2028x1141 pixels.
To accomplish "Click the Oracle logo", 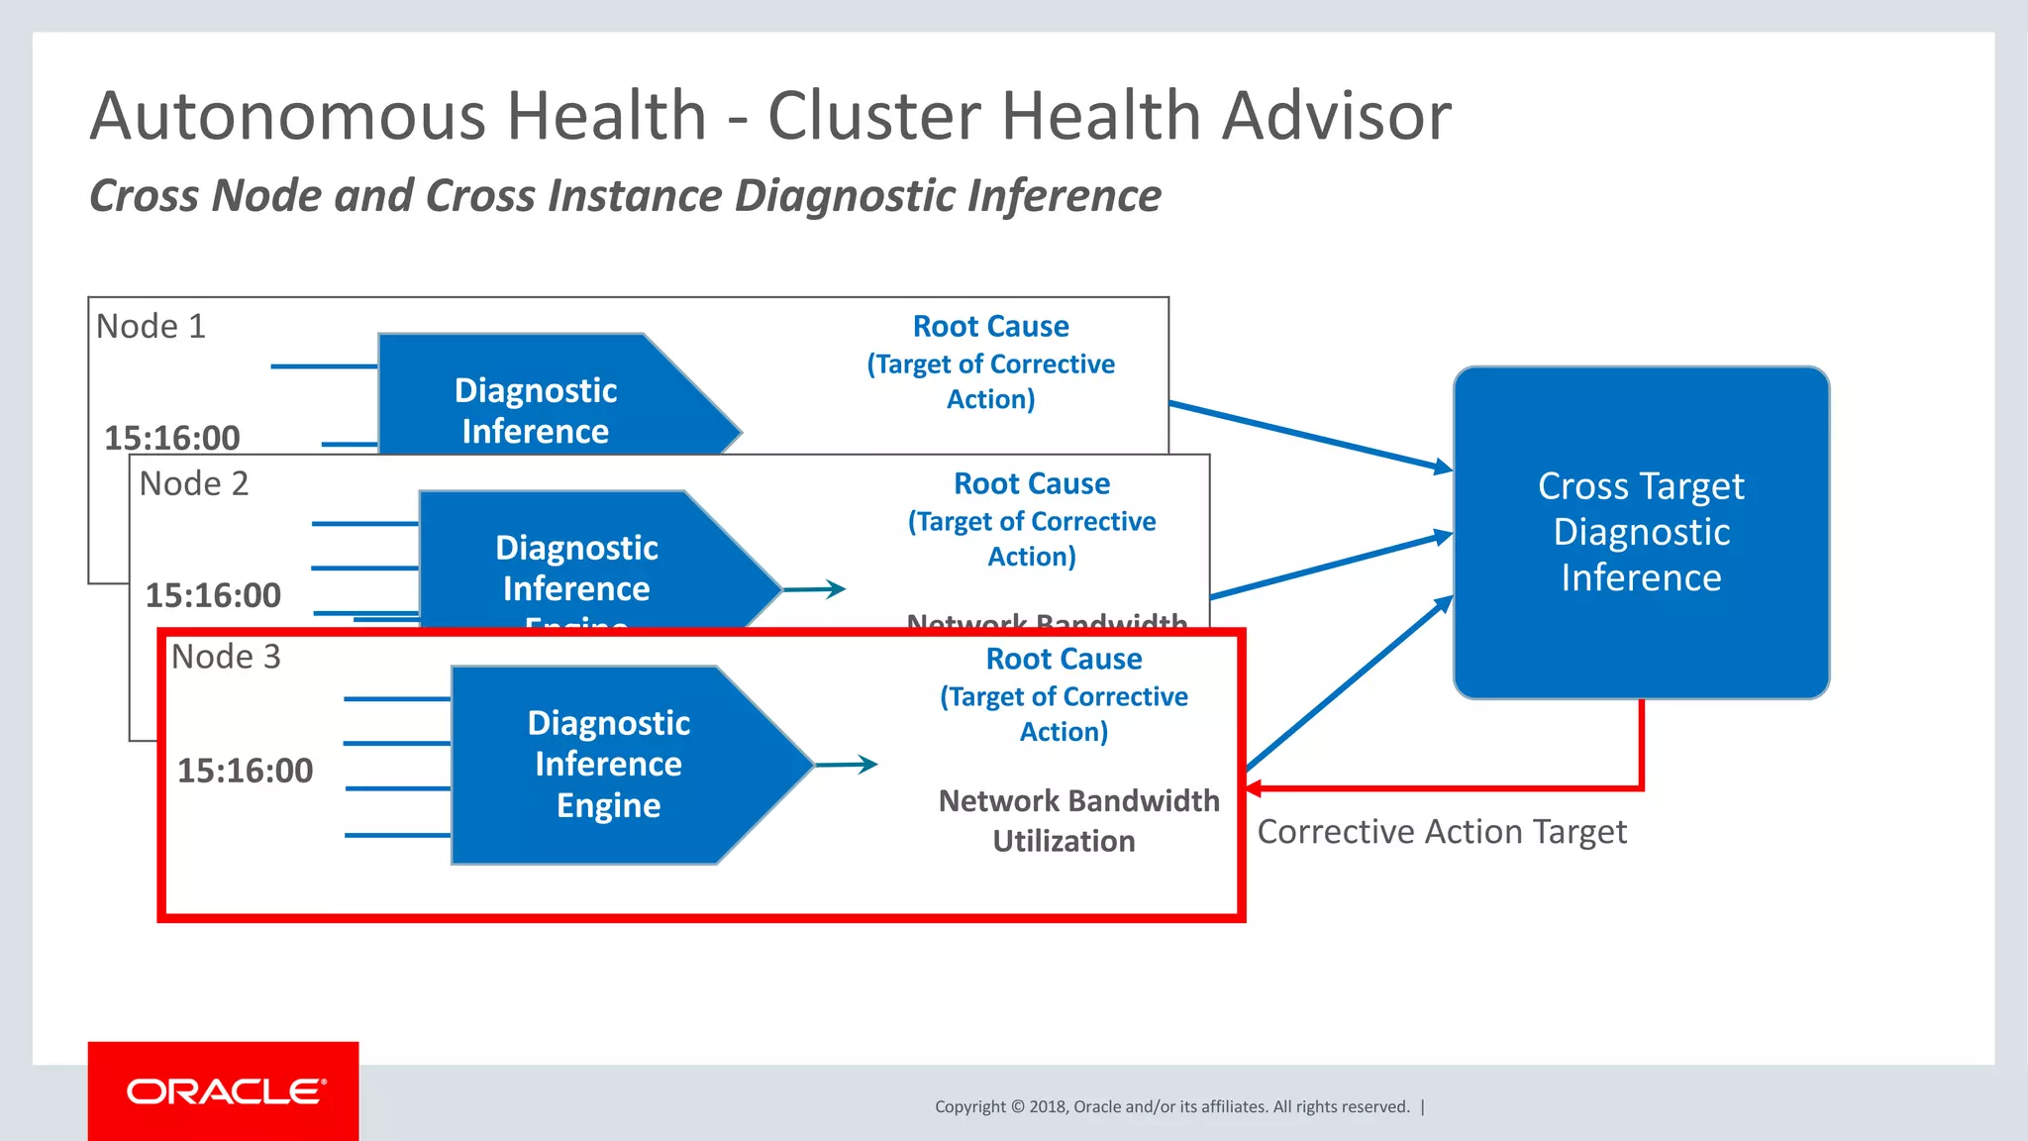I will (225, 1091).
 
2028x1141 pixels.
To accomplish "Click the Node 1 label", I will (151, 326).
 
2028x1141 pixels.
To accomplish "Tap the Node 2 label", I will (193, 483).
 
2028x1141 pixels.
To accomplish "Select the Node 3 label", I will (226, 657).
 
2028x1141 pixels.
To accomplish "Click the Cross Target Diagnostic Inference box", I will (1641, 532).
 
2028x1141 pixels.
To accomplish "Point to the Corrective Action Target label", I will (1441, 832).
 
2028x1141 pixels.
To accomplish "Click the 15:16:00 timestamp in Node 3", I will (245, 771).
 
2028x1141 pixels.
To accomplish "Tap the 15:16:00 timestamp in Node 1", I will (172, 437).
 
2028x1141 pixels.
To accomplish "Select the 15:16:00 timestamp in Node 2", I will (213, 595).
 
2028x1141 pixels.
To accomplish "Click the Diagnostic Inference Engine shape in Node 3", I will (609, 764).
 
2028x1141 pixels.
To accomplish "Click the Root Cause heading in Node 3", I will (1064, 659).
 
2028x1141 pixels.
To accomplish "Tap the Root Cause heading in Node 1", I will (990, 326).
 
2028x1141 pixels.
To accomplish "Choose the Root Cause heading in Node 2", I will (1031, 483).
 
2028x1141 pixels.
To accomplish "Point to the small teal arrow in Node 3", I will (847, 765).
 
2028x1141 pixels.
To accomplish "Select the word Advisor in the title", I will (1336, 116).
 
